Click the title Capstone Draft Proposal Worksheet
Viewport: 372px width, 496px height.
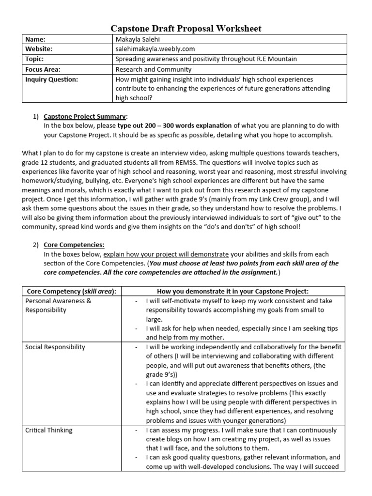pyautogui.click(x=186, y=29)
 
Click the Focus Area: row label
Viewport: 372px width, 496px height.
pyautogui.click(x=43, y=69)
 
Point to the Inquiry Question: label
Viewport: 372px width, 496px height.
pyautogui.click(x=51, y=79)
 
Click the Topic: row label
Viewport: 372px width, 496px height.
pyautogui.click(x=34, y=59)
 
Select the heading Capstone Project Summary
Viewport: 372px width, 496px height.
pyautogui.click(x=85, y=117)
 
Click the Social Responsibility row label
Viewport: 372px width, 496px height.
pyautogui.click(x=55, y=347)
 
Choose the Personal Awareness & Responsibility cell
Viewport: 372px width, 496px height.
pyautogui.click(x=58, y=305)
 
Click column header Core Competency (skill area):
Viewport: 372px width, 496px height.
pyautogui.click(x=71, y=291)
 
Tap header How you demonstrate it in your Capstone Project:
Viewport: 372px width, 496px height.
pyautogui.click(x=232, y=291)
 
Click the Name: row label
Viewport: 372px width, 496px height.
pyautogui.click(x=35, y=39)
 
